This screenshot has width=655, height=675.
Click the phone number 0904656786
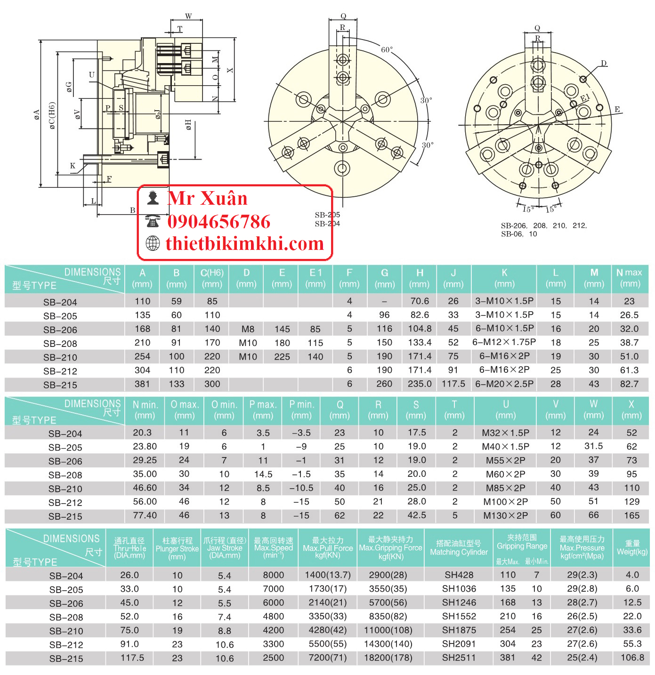tap(218, 221)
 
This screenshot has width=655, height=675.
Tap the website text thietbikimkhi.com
tap(244, 243)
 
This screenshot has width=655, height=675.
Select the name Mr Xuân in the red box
tap(208, 198)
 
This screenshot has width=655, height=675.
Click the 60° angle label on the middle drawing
tap(387, 49)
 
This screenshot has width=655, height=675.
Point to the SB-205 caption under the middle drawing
tap(327, 215)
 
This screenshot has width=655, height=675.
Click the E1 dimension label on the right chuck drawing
tap(585, 98)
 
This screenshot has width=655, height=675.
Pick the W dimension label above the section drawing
tap(188, 16)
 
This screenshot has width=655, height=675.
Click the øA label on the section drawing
tap(36, 114)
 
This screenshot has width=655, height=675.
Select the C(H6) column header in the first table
tap(211, 278)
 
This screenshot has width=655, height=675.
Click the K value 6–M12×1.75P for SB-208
tap(504, 342)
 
